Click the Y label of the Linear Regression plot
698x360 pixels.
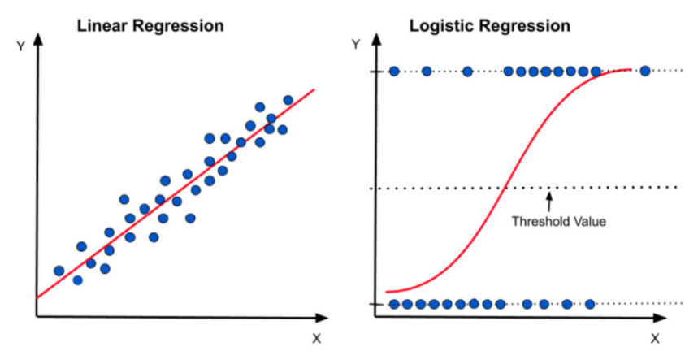coord(20,46)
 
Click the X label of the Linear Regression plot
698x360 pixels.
coord(314,336)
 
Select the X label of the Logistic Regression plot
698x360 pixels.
coord(655,336)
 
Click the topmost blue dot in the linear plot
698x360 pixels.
coord(288,100)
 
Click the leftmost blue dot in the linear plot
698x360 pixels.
coord(59,271)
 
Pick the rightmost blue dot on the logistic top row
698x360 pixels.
coord(645,71)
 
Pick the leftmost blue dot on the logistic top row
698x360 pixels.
coord(394,71)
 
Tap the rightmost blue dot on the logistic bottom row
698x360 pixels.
coord(590,304)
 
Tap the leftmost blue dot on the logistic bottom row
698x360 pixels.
coord(394,304)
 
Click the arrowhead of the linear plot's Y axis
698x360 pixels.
coord(36,40)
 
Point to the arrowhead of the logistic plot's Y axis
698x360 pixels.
coord(374,40)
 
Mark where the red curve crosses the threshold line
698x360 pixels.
coord(505,188)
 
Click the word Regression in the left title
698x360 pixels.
coord(180,25)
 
